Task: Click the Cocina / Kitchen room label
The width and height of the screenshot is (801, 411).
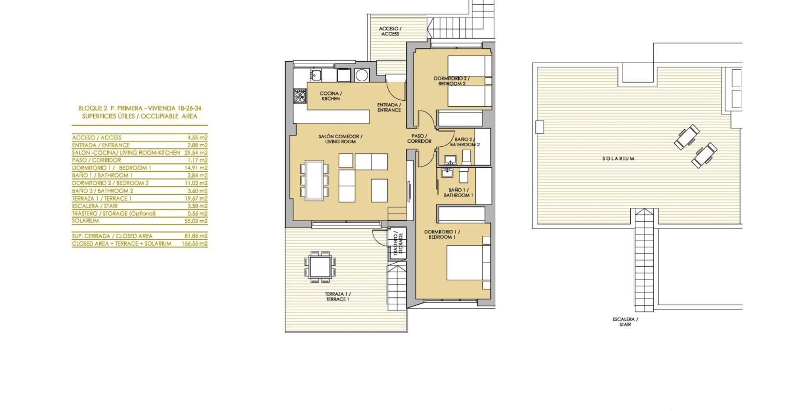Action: [x=331, y=96]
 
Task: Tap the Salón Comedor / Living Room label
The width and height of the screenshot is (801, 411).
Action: [x=340, y=139]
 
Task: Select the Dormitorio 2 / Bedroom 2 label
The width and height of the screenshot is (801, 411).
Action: [x=451, y=81]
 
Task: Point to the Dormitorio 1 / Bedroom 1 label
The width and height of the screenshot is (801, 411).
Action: [x=442, y=234]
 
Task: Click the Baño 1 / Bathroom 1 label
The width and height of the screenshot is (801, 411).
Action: [x=458, y=192]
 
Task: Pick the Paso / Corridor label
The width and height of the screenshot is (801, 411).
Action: [x=419, y=138]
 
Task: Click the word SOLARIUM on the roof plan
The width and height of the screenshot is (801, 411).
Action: [x=618, y=159]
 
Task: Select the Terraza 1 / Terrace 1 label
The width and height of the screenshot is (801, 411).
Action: [x=337, y=297]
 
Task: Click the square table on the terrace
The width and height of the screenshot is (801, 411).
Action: [x=320, y=267]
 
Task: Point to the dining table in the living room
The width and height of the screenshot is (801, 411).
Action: [x=314, y=180]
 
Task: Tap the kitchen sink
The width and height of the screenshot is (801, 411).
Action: [x=316, y=75]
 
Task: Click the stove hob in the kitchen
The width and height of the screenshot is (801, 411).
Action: [x=300, y=96]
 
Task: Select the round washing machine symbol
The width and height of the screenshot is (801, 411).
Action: [x=362, y=75]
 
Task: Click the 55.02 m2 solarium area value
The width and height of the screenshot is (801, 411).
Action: [x=197, y=221]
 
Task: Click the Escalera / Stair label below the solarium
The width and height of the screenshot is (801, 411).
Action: [x=625, y=321]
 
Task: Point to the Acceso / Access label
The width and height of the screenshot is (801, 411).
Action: [x=390, y=31]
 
